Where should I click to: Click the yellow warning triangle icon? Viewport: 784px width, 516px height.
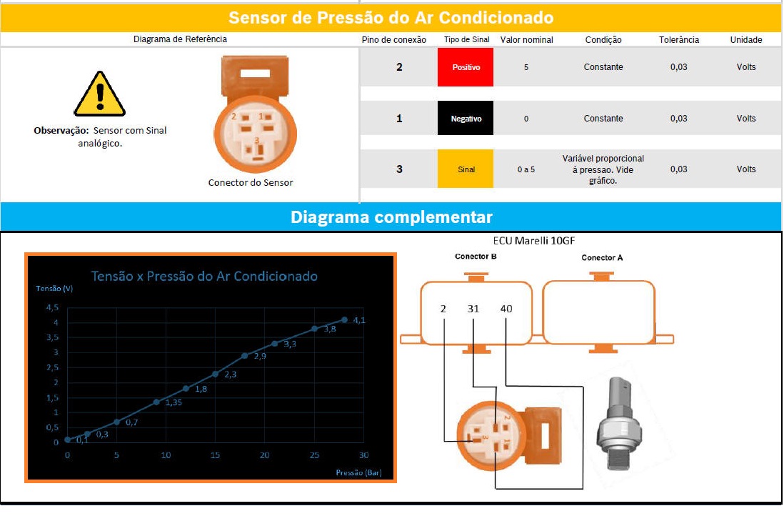pyautogui.click(x=99, y=94)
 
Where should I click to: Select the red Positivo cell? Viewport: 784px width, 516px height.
pyautogui.click(x=466, y=67)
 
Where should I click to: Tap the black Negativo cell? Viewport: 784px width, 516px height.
pyautogui.click(x=466, y=118)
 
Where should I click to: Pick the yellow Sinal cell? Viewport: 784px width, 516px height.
pyautogui.click(x=466, y=169)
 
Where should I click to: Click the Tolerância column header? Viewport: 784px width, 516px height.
pyautogui.click(x=678, y=39)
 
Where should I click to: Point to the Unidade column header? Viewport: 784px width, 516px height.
pyautogui.click(x=746, y=39)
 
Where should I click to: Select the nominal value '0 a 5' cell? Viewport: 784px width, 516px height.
pyautogui.click(x=526, y=169)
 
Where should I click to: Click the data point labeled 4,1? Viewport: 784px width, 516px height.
pyautogui.click(x=344, y=319)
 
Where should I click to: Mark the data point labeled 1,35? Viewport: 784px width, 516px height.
pyautogui.click(x=156, y=402)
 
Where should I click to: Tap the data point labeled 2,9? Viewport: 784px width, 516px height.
pyautogui.click(x=245, y=356)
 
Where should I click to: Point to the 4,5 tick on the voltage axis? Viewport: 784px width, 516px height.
pyautogui.click(x=52, y=307)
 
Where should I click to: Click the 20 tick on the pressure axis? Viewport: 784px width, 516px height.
pyautogui.click(x=264, y=455)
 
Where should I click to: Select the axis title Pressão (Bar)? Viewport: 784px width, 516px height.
pyautogui.click(x=358, y=472)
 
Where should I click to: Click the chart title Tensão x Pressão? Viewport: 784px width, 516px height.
pyautogui.click(x=204, y=277)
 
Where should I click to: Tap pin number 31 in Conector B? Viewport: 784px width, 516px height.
pyautogui.click(x=473, y=309)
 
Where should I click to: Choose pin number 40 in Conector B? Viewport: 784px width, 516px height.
pyautogui.click(x=506, y=309)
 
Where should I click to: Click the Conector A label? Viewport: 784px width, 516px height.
pyautogui.click(x=602, y=258)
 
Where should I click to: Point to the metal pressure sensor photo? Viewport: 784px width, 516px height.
pyautogui.click(x=620, y=423)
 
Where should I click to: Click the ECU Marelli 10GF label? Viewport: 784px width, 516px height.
pyautogui.click(x=534, y=241)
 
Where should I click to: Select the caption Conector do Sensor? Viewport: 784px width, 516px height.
pyautogui.click(x=251, y=183)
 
